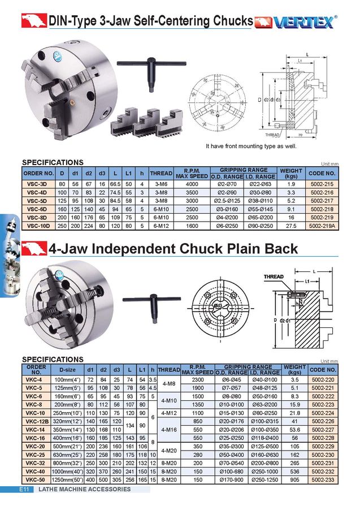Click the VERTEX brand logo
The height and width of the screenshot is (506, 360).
(297, 21)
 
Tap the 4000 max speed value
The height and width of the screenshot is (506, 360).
(192, 184)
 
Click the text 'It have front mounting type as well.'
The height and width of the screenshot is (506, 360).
(251, 146)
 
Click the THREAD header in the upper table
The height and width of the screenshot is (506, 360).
(161, 173)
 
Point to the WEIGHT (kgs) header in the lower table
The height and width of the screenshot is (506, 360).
(294, 370)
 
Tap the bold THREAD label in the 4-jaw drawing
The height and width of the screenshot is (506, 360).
(274, 276)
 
